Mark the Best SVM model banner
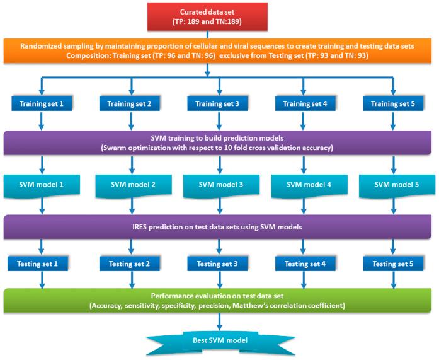219,341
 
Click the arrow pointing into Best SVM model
219,321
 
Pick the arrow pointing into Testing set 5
393,247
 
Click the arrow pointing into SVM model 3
219,166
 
